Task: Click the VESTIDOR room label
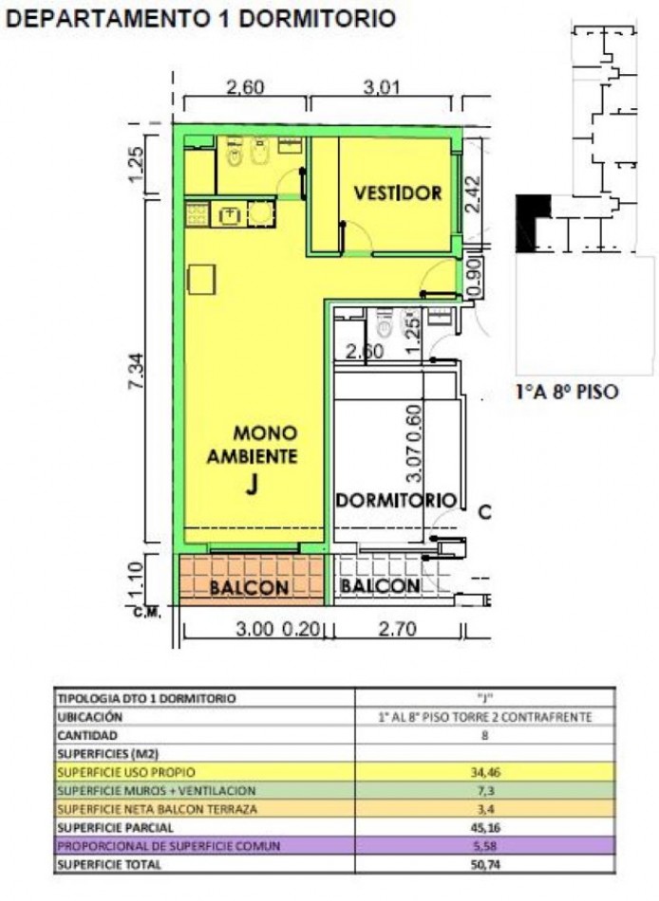pyautogui.click(x=398, y=193)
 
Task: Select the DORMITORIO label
pyautogui.click(x=395, y=500)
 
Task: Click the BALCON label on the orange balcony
pyautogui.click(x=249, y=588)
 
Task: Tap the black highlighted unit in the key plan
pyautogui.click(x=532, y=220)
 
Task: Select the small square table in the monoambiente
pyautogui.click(x=200, y=279)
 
